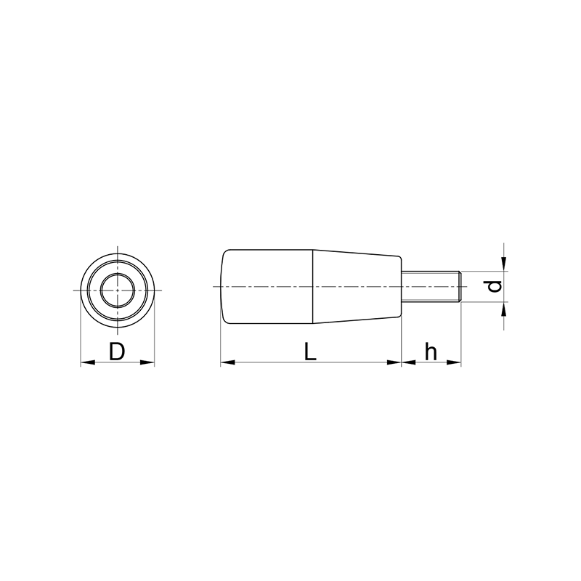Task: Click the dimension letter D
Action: [x=117, y=352]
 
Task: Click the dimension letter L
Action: [x=310, y=352]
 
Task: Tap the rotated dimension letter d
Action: [x=495, y=286]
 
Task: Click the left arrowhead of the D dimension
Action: [x=88, y=362]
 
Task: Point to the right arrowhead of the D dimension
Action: [x=147, y=362]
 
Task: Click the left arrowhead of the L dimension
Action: [x=228, y=362]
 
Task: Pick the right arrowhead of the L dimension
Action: [x=394, y=362]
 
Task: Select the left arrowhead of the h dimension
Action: [x=409, y=362]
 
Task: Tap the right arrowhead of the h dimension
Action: [x=453, y=362]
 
